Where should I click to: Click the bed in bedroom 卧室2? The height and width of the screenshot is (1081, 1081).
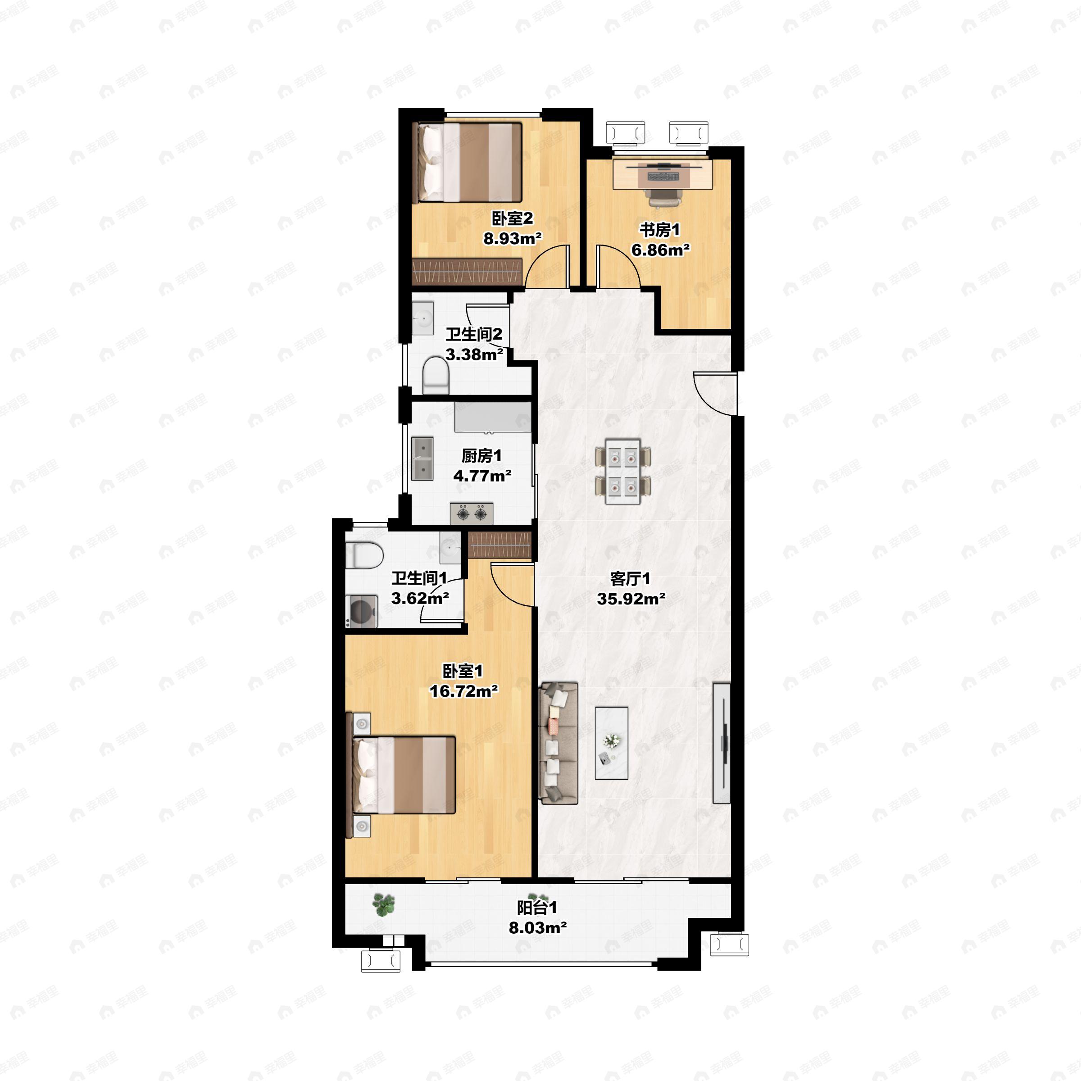coord(467,162)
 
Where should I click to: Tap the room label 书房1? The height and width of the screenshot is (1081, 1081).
coord(660,230)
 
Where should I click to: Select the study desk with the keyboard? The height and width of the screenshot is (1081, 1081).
coord(663,174)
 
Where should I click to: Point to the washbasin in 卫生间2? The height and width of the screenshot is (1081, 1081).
coord(423,318)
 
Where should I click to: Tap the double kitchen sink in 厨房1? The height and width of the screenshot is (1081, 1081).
coord(422,459)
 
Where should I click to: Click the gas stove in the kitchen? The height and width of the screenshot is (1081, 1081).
coord(472,513)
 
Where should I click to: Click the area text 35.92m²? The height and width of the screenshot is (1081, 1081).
coord(631,599)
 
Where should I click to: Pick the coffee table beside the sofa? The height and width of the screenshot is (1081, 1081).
coord(612,743)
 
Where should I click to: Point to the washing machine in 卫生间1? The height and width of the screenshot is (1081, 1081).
coord(361,612)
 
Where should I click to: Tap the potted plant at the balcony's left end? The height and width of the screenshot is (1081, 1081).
coord(384,904)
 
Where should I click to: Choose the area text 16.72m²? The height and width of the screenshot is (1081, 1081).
coord(464,691)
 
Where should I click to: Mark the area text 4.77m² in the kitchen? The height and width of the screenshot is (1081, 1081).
coord(482,476)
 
